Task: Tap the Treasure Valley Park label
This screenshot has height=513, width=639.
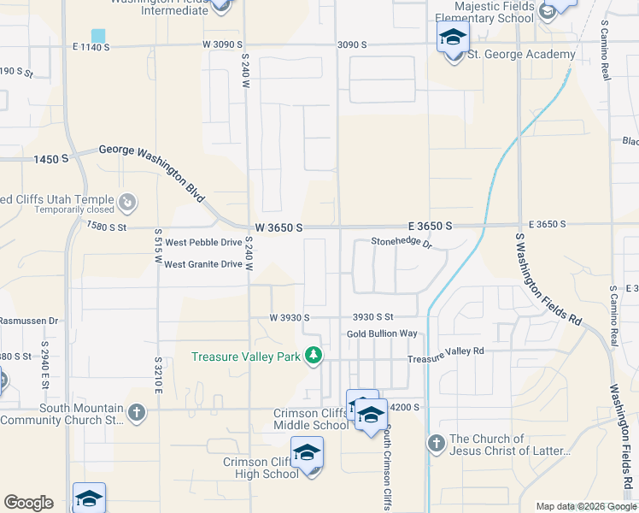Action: click(246, 357)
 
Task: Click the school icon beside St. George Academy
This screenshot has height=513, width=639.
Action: click(453, 38)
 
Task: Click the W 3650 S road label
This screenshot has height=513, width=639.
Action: click(278, 227)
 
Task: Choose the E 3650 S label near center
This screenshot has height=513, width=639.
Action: click(425, 225)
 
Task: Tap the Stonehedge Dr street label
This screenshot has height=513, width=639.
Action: click(402, 243)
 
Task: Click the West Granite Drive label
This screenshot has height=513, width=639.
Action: click(203, 264)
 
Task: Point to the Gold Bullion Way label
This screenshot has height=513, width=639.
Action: click(382, 333)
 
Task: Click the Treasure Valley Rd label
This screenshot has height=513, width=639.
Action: click(445, 352)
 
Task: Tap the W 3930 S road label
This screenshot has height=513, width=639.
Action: click(289, 317)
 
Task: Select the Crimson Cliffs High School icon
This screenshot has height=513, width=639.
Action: click(308, 453)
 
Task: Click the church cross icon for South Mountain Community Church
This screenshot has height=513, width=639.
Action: click(136, 413)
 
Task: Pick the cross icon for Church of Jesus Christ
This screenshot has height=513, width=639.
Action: click(436, 443)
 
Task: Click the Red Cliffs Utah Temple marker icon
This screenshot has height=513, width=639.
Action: click(127, 202)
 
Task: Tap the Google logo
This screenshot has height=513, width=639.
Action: click(28, 503)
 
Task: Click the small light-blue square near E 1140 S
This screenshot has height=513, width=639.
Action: click(99, 36)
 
